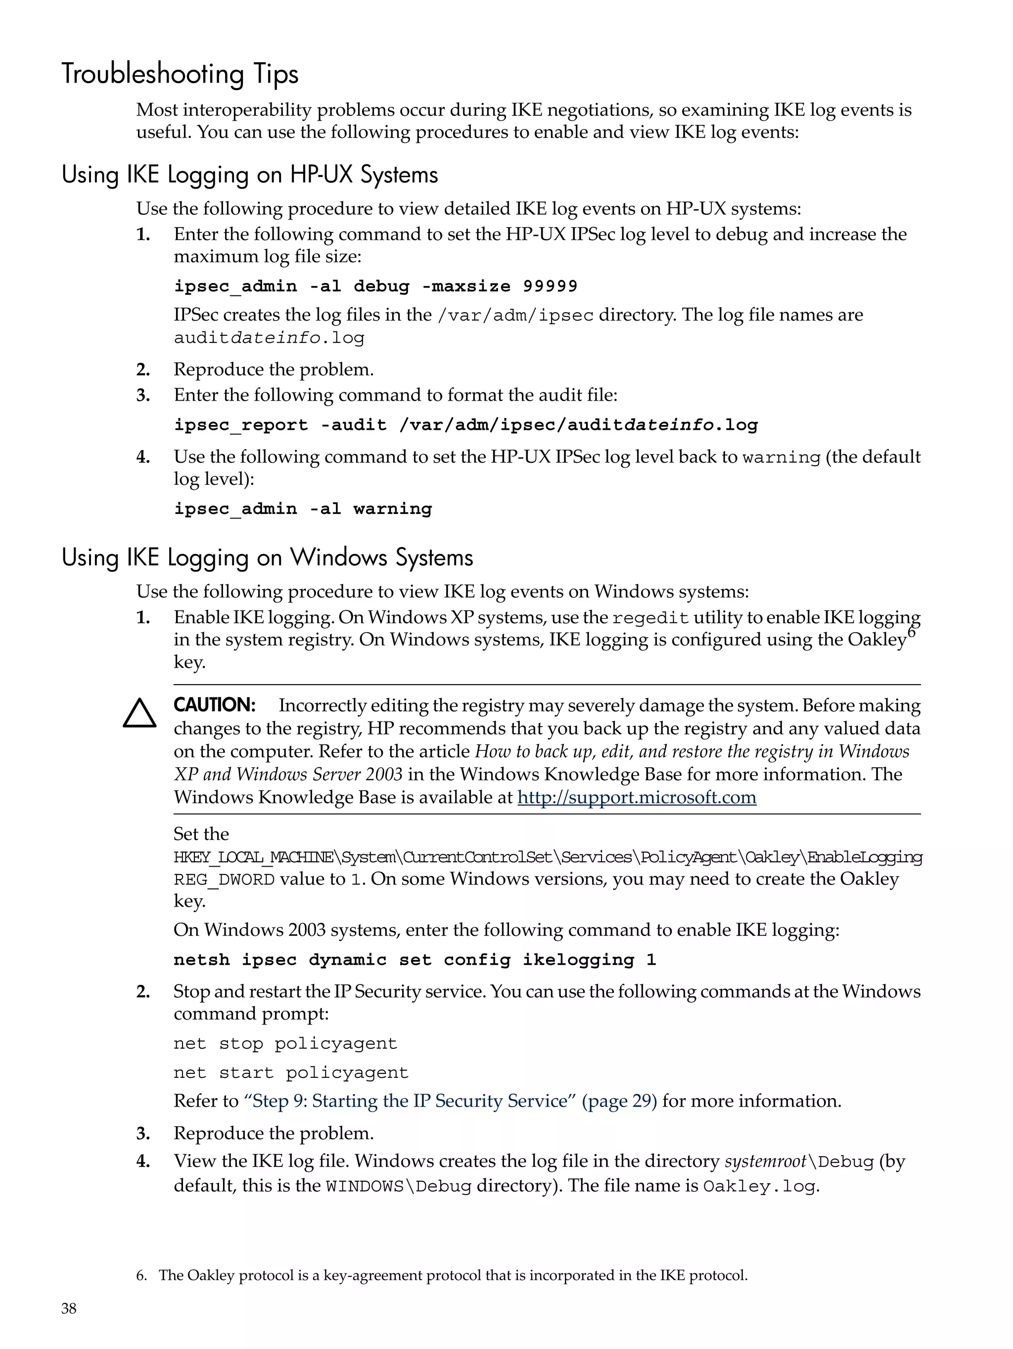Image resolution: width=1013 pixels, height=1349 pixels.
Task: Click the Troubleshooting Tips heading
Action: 180,74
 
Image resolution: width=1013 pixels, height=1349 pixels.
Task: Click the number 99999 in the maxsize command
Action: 550,286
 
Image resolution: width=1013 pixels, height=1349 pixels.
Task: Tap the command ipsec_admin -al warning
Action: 303,509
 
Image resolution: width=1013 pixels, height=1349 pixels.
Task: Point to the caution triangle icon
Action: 139,713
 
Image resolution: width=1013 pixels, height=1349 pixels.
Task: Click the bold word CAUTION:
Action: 214,705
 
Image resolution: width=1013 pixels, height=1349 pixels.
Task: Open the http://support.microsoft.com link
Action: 637,797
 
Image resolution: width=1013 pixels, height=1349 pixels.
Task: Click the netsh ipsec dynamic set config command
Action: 414,960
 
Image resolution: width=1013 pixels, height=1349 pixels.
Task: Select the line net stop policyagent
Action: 285,1043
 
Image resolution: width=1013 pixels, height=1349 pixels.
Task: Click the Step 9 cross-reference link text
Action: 450,1101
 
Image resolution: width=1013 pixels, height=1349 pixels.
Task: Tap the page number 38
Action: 69,1308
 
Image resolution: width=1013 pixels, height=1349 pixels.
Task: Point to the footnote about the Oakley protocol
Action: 442,1275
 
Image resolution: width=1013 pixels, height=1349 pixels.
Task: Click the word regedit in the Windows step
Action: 650,618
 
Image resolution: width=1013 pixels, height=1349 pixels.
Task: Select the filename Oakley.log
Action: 759,1186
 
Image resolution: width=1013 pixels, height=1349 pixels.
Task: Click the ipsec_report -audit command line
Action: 465,425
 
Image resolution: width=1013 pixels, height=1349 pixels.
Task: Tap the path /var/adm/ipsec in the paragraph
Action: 515,315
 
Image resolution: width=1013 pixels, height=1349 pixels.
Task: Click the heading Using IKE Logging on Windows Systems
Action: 267,558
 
